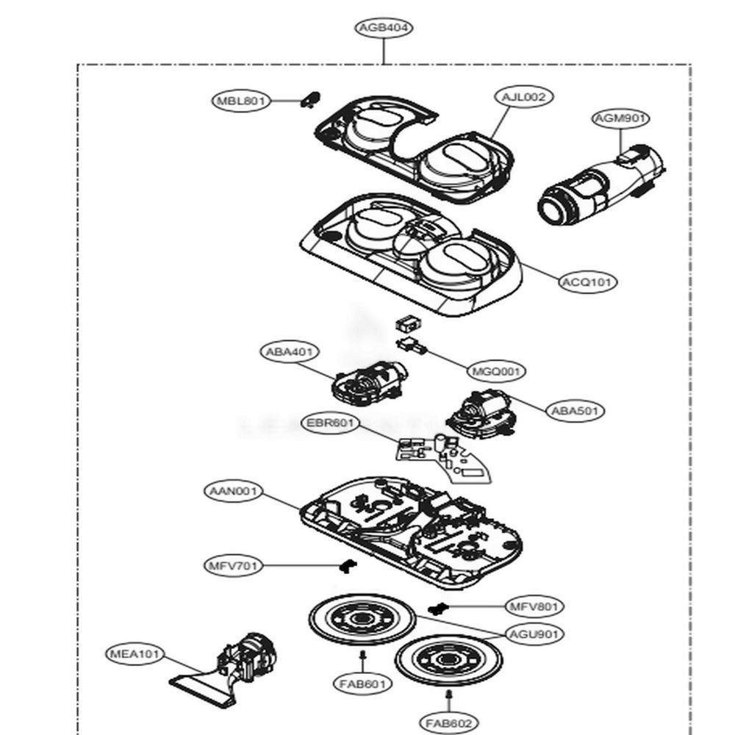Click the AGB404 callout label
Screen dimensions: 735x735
pos(383,28)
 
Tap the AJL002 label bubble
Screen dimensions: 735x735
pos(523,96)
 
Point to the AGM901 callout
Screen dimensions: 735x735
pos(621,118)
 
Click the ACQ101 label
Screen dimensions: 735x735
pos(589,282)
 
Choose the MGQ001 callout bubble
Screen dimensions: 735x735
pos(496,372)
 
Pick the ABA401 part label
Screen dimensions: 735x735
pos(289,351)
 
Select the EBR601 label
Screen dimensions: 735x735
pos(330,423)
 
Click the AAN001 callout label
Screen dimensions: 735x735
pos(232,490)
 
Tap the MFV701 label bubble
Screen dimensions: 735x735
pos(232,566)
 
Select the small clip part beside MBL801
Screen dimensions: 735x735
pos(310,98)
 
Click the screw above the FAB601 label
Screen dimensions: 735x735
pos(362,654)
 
